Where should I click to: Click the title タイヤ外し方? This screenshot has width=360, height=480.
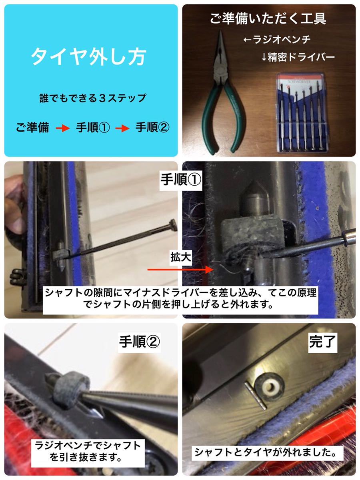coord(88,57)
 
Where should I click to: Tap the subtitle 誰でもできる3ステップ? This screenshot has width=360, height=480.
coord(92,98)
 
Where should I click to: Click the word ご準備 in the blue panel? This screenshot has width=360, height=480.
coord(32,127)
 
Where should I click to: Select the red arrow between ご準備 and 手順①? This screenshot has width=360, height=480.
coord(63,128)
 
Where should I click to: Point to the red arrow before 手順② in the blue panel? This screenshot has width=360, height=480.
coord(122,128)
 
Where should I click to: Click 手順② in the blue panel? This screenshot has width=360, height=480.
coord(152,127)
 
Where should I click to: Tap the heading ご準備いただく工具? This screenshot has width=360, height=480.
coord(268,18)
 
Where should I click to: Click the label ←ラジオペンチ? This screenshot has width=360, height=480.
coord(277,40)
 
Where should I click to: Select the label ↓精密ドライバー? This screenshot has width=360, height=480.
coord(298,57)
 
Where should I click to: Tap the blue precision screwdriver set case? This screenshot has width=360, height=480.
coord(303,113)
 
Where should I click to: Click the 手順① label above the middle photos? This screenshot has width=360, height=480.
coord(180,180)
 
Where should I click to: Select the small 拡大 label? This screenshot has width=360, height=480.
coord(181,257)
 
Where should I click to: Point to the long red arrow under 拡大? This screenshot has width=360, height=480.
coord(180,270)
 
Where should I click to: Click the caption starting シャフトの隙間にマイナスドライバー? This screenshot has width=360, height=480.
coord(180,298)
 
